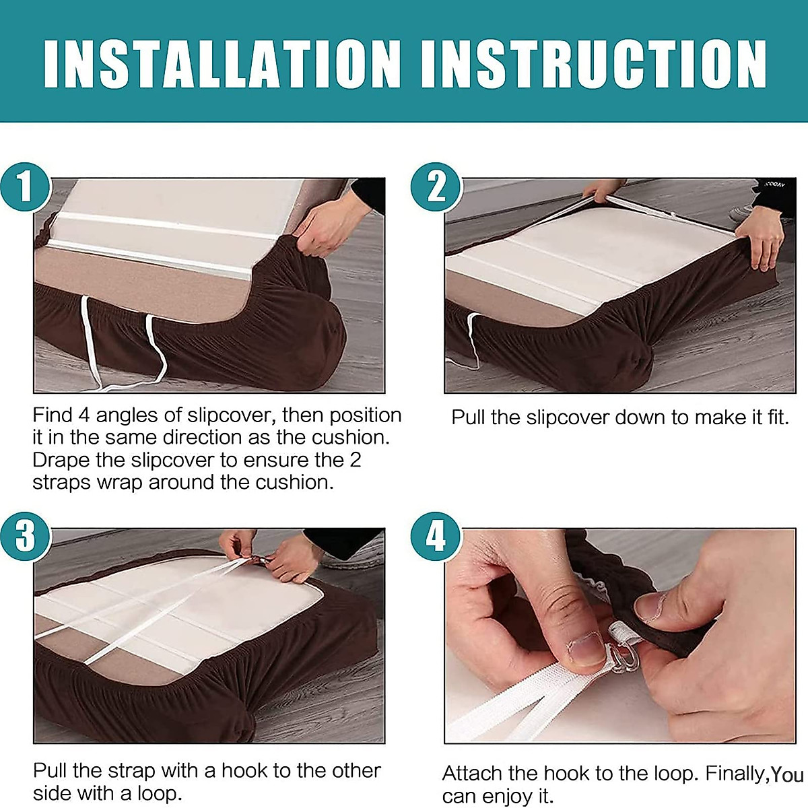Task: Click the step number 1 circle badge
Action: (x=26, y=187)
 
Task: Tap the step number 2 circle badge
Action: (x=436, y=187)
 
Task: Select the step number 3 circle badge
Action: (x=26, y=537)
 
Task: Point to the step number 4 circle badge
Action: (x=436, y=537)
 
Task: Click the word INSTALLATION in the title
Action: (x=222, y=64)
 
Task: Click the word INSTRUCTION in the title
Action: (x=594, y=64)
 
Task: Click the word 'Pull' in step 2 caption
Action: (x=469, y=417)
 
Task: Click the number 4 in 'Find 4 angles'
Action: (x=83, y=415)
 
